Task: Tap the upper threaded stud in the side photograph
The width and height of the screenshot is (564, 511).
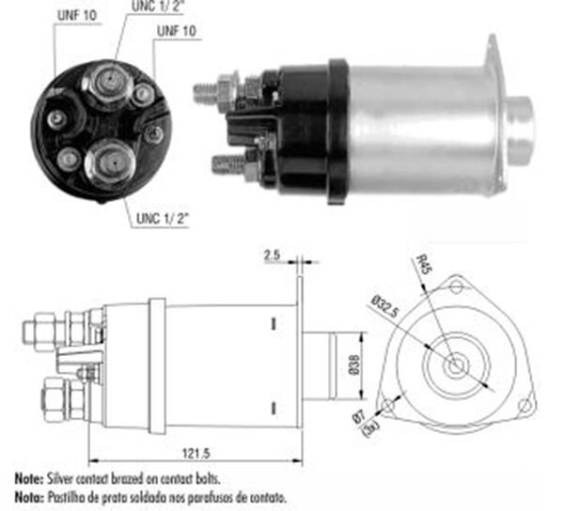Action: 205,93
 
